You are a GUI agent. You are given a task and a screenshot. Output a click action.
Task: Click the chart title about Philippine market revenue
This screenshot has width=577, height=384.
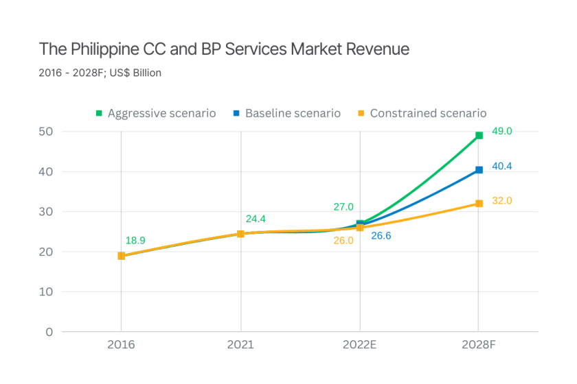pyautogui.click(x=224, y=49)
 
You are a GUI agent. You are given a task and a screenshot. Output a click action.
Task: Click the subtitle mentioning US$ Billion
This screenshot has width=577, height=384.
pyautogui.click(x=100, y=73)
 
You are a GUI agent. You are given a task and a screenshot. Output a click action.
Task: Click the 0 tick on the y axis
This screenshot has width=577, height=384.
pyautogui.click(x=49, y=332)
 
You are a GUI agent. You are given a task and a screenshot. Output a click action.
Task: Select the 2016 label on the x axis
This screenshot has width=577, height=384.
pyautogui.click(x=121, y=345)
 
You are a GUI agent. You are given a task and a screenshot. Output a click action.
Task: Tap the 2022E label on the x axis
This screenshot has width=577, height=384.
pyautogui.click(x=360, y=345)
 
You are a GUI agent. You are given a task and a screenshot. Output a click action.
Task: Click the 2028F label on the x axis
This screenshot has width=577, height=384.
pyautogui.click(x=479, y=345)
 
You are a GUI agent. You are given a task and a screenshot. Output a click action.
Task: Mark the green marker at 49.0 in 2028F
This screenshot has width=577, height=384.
pyautogui.click(x=479, y=135)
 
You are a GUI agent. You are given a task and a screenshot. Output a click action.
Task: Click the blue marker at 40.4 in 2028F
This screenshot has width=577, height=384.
pyautogui.click(x=479, y=170)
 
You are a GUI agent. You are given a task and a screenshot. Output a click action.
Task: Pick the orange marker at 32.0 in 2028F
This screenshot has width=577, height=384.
pyautogui.click(x=479, y=204)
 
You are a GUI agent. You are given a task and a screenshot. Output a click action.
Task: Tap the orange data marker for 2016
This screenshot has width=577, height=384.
pyautogui.click(x=122, y=256)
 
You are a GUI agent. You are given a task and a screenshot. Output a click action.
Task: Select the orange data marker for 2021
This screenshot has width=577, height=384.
pyautogui.click(x=241, y=234)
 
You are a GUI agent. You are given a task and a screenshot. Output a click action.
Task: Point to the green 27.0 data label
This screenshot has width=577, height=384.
pyautogui.click(x=343, y=207)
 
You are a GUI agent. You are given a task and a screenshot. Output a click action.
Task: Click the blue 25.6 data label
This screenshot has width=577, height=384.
pyautogui.click(x=381, y=236)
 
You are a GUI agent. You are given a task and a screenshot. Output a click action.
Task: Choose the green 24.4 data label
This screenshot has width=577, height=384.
pyautogui.click(x=256, y=219)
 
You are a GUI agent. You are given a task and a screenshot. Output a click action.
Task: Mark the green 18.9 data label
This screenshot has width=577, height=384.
pyautogui.click(x=136, y=241)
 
